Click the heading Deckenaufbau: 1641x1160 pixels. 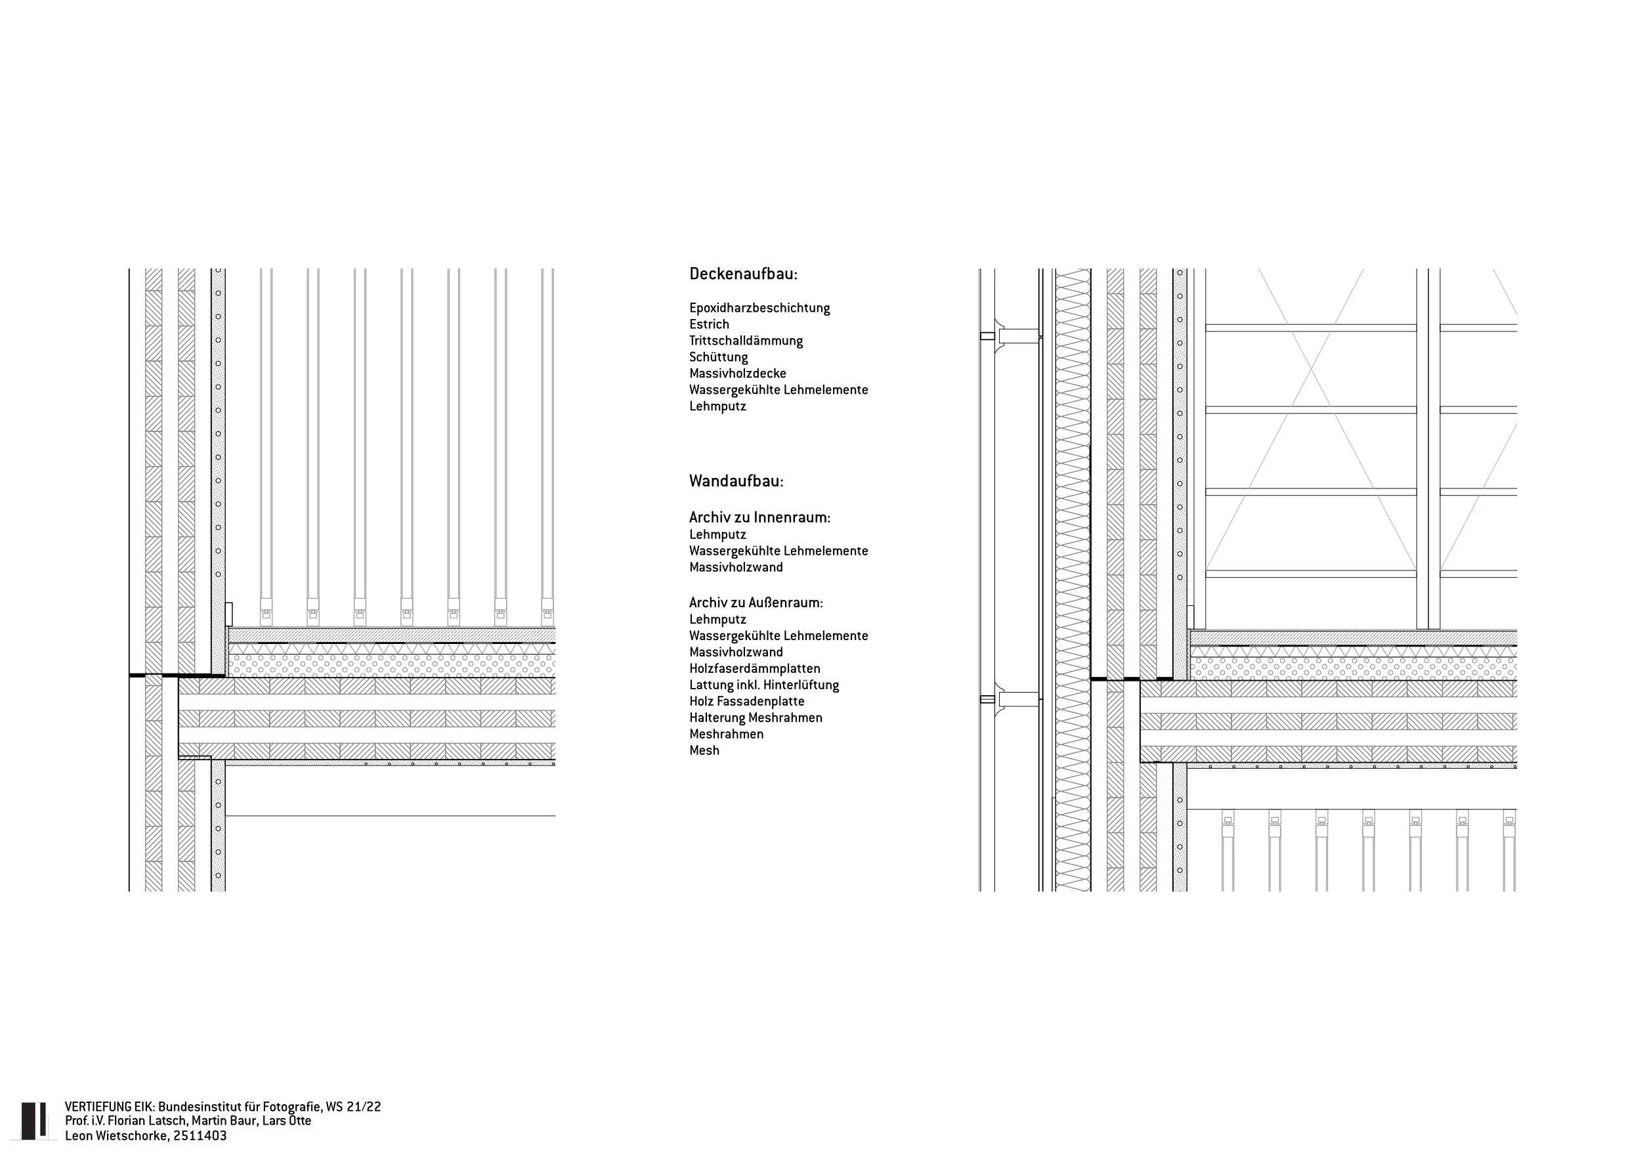742,274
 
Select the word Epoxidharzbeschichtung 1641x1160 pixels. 759,308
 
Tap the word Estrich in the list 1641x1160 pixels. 709,324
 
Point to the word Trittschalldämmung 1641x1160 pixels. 746,341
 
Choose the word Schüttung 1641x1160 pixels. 718,357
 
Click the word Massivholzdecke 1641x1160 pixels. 738,374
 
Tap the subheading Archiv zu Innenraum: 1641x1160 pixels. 759,517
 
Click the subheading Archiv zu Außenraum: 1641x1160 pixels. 756,603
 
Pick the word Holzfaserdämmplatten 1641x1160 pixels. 754,669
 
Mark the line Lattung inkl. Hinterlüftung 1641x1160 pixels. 763,685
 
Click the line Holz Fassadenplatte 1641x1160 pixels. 746,702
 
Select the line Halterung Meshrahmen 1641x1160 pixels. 756,718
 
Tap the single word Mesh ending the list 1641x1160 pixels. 704,750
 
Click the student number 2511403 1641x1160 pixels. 200,1136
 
